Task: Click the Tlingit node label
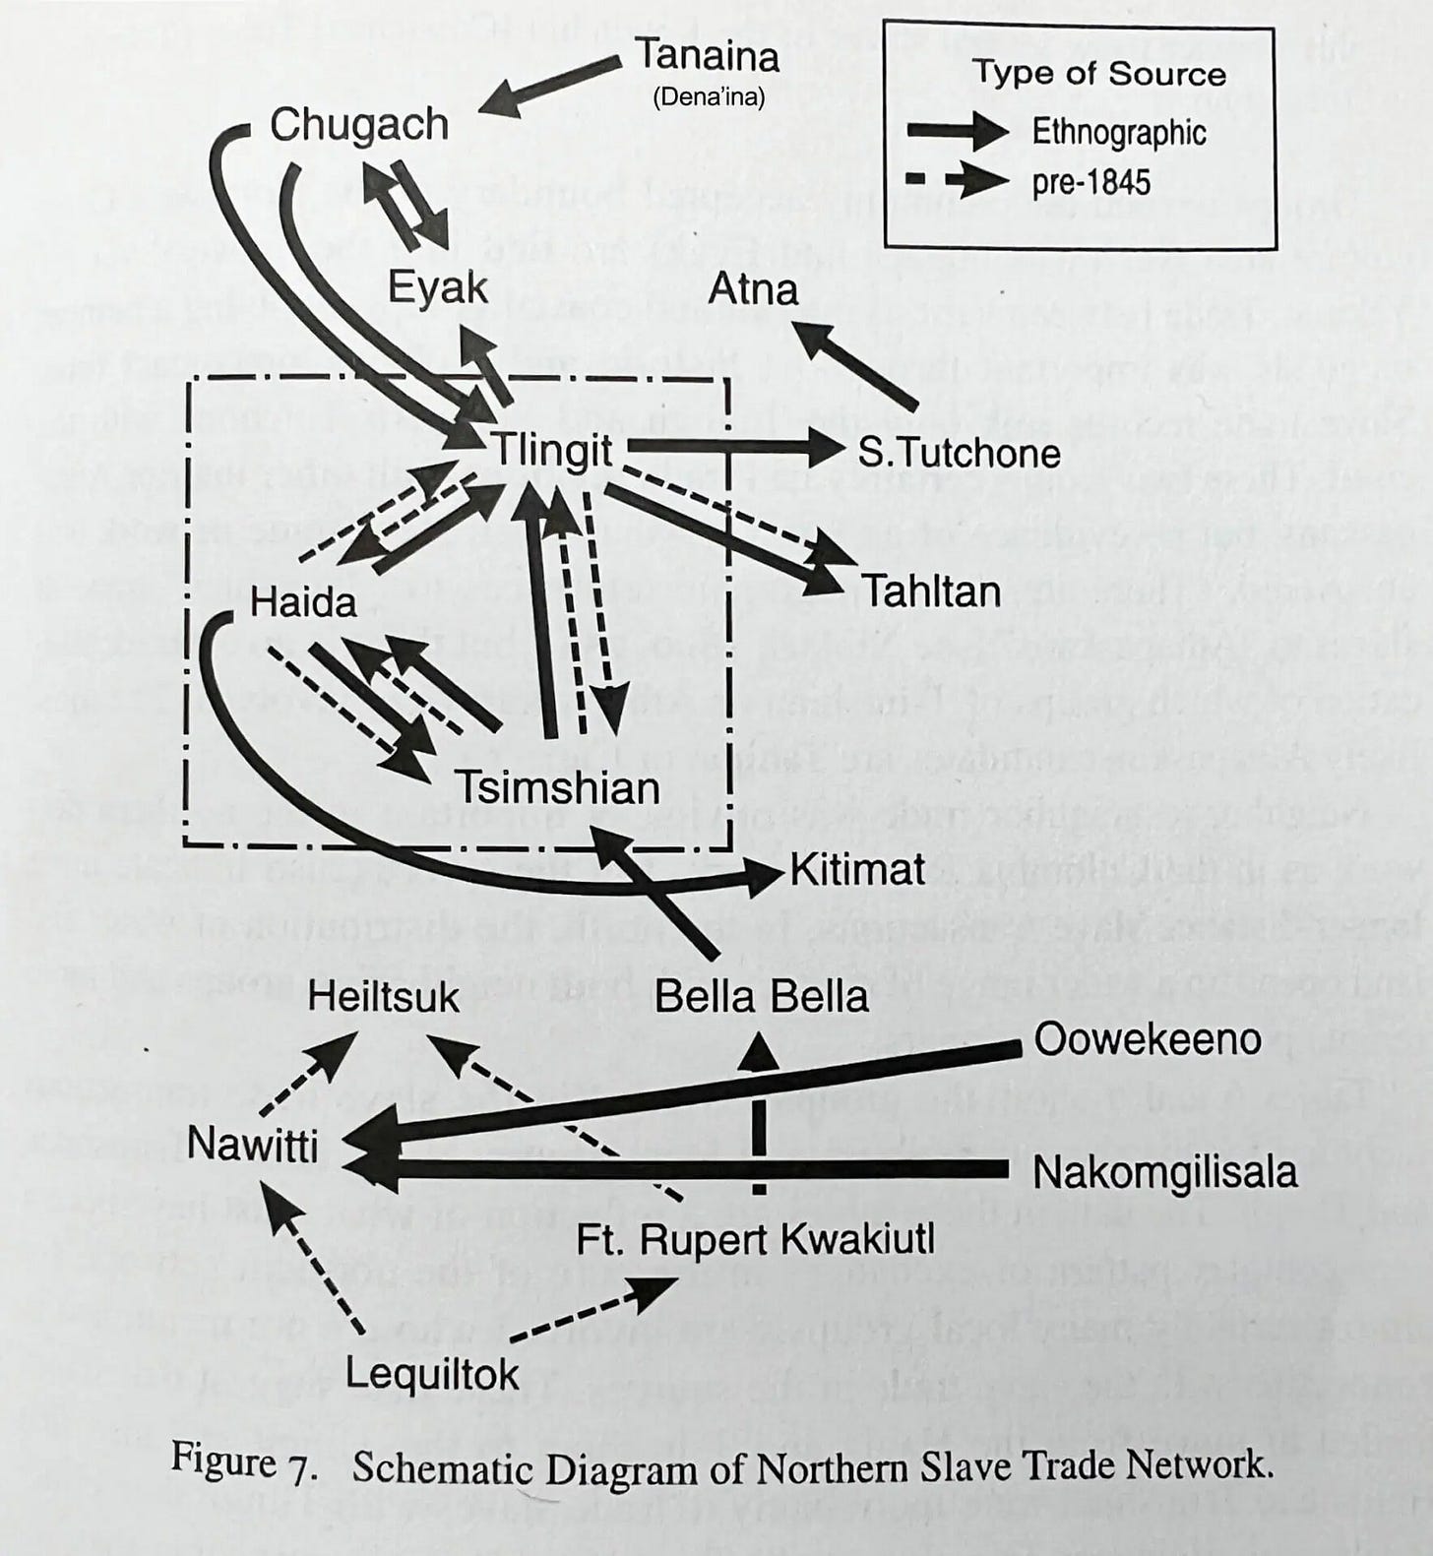[x=552, y=452]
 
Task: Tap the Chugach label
[x=359, y=126]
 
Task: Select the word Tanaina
[x=708, y=55]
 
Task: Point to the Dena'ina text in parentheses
[x=709, y=98]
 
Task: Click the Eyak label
[x=438, y=287]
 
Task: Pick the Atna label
[x=754, y=289]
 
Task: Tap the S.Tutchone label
[x=960, y=453]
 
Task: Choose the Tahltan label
[x=932, y=591]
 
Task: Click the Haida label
[x=303, y=601]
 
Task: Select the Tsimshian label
[x=557, y=788]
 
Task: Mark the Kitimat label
[x=858, y=869]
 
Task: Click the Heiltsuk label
[x=383, y=997]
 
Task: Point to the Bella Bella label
[x=762, y=997]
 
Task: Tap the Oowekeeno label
[x=1148, y=1039]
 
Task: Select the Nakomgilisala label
[x=1165, y=1172]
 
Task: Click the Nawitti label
[x=253, y=1145]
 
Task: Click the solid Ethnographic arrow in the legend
[x=958, y=131]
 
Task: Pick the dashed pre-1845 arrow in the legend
[x=958, y=180]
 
